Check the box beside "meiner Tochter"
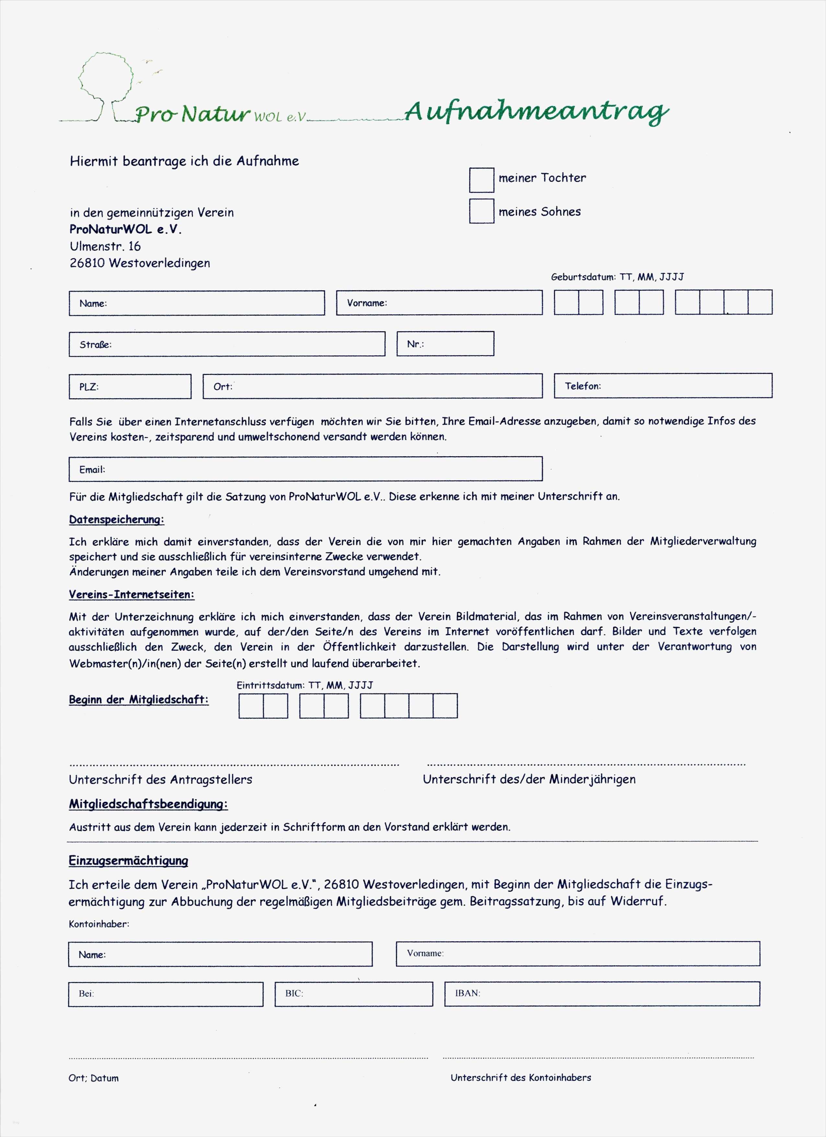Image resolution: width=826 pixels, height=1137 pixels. click(x=481, y=180)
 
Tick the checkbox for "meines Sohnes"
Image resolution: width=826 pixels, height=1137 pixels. click(x=481, y=211)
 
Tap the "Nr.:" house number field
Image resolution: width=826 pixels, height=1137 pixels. click(x=445, y=344)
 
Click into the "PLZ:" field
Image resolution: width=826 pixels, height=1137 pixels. click(x=130, y=387)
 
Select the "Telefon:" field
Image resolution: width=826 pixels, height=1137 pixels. click(x=663, y=386)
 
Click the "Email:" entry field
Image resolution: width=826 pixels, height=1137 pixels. click(x=305, y=469)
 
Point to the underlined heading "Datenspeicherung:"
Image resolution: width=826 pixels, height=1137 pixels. click(x=116, y=519)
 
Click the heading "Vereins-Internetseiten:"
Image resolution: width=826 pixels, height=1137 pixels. click(x=131, y=595)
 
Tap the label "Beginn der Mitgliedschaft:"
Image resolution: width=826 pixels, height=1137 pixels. click(x=138, y=699)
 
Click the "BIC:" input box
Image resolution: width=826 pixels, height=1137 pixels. click(x=353, y=994)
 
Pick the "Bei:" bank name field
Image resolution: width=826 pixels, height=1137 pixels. click(x=166, y=994)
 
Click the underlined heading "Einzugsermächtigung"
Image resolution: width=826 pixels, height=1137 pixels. click(x=128, y=860)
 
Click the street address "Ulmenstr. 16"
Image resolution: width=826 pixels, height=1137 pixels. click(x=105, y=246)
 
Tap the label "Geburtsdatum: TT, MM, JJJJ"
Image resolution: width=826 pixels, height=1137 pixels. click(x=617, y=277)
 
